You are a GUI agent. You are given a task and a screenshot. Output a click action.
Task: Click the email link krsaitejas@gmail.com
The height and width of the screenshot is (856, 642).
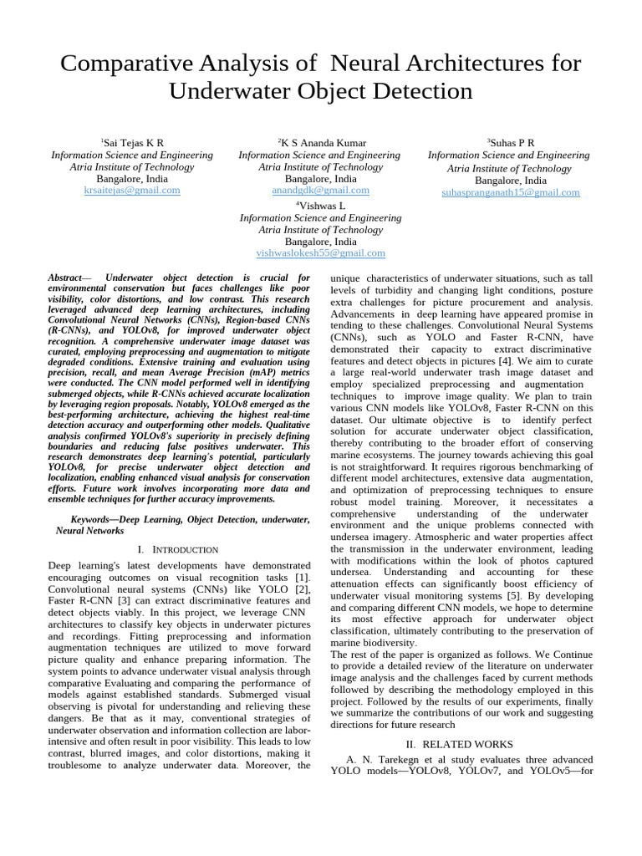point(132,190)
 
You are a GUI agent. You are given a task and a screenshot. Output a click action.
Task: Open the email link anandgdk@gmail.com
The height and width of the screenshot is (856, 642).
point(320,190)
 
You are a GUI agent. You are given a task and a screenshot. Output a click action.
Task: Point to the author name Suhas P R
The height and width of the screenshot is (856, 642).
point(511,143)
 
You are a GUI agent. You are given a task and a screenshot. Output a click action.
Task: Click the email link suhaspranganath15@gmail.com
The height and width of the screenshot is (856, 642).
point(510,192)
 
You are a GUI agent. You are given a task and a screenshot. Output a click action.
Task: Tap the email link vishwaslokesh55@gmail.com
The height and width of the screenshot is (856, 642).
point(320,252)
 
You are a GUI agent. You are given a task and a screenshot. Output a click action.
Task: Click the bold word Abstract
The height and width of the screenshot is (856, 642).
point(65,278)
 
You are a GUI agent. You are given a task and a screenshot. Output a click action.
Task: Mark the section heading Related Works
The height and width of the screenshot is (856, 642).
point(475,744)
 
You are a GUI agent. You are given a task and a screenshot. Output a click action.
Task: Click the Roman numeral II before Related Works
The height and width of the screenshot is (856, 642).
point(411,744)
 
